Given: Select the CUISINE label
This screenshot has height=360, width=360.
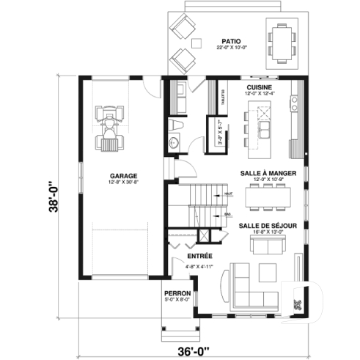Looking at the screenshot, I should pos(261,87).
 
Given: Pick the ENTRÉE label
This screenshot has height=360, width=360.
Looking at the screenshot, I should pos(199,256).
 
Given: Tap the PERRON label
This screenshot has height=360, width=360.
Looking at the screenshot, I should pos(177,293).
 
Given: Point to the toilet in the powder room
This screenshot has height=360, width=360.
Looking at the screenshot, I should pos(175,140).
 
